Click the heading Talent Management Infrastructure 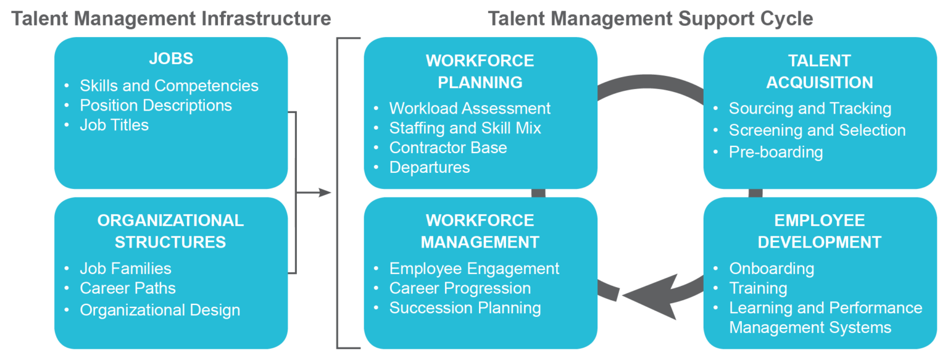click(x=172, y=19)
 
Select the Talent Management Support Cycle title click(x=651, y=19)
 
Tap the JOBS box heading click(x=171, y=59)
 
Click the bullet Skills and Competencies click(x=168, y=85)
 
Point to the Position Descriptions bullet click(x=156, y=105)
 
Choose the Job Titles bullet click(x=114, y=125)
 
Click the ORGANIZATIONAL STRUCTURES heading click(x=170, y=231)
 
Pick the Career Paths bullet click(x=128, y=288)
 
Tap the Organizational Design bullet click(x=160, y=309)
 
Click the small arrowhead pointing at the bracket click(x=325, y=193)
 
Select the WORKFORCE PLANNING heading click(x=480, y=71)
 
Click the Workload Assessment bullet click(x=470, y=108)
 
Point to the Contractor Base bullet click(x=448, y=148)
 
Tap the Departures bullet click(x=430, y=167)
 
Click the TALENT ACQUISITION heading click(x=820, y=71)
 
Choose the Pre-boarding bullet click(x=776, y=152)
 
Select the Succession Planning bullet click(x=465, y=308)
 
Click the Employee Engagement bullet click(x=474, y=269)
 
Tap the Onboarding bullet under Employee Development click(x=771, y=269)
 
